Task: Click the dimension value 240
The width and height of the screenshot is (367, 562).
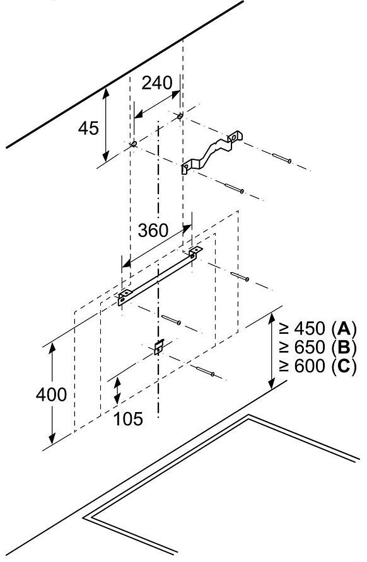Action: pos(157,83)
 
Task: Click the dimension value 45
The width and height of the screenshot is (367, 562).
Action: pos(88,128)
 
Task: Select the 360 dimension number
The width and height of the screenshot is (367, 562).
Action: pos(153,230)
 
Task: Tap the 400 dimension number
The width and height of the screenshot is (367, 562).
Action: pos(51,394)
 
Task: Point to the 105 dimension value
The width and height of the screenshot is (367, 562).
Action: pos(128,418)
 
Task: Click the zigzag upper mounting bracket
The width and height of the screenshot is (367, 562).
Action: pos(211,151)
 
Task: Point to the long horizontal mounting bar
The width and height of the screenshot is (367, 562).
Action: pos(160,275)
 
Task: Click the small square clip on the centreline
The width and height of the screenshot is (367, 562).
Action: pos(158,347)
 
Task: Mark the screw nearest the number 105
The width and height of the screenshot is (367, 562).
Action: pos(205,371)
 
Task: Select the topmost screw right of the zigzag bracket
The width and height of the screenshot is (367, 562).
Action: pos(282,158)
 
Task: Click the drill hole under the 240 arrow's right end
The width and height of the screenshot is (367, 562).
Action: pos(180,115)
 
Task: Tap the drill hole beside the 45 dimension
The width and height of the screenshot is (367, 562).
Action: pos(134,144)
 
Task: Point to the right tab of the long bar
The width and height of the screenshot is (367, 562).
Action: pos(195,251)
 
